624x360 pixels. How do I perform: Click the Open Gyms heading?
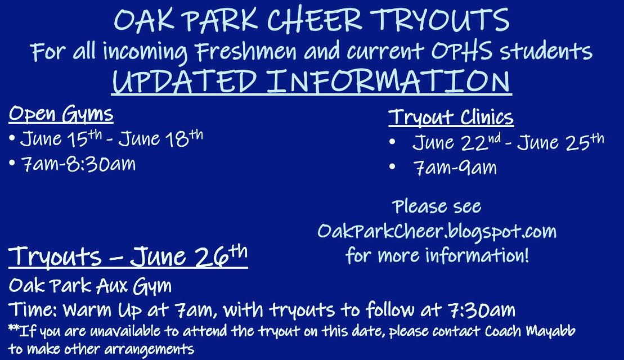[x=61, y=115]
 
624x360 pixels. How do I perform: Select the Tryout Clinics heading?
[x=451, y=118]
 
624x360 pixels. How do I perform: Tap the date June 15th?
[x=60, y=138]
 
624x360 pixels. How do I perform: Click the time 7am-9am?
[x=455, y=168]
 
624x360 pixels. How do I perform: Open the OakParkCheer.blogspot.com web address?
[x=437, y=231]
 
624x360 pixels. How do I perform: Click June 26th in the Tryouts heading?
[x=189, y=256]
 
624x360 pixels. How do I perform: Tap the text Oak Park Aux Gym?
[x=90, y=286]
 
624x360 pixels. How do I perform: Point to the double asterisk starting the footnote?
[x=14, y=329]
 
